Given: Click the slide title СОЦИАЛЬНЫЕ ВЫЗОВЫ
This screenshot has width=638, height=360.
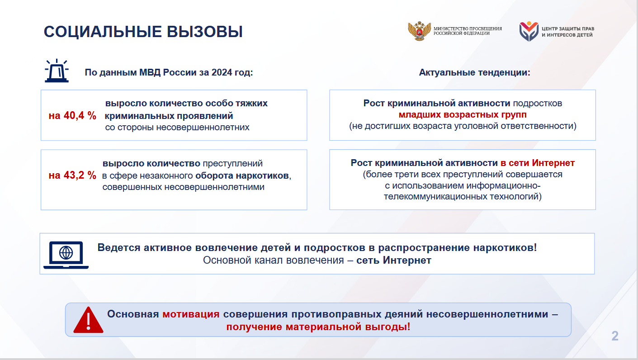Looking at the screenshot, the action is pyautogui.click(x=143, y=31).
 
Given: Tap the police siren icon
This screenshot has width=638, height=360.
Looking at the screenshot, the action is pyautogui.click(x=57, y=71).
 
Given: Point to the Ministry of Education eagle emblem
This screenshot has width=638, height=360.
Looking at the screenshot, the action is pyautogui.click(x=419, y=31).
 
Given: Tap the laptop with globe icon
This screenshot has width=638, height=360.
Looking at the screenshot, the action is pyautogui.click(x=66, y=255).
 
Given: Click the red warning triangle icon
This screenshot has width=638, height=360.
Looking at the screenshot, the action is pyautogui.click(x=88, y=320).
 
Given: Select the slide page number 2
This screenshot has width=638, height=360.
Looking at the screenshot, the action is pyautogui.click(x=615, y=336).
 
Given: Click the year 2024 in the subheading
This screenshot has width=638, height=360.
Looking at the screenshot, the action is pyautogui.click(x=222, y=72).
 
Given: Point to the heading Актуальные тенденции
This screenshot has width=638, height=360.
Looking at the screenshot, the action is pyautogui.click(x=474, y=72).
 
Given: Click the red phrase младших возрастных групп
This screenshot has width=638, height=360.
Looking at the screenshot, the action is pyautogui.click(x=463, y=114).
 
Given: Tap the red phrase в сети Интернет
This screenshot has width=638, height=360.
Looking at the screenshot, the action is pyautogui.click(x=538, y=163).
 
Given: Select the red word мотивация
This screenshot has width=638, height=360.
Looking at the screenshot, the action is pyautogui.click(x=191, y=314).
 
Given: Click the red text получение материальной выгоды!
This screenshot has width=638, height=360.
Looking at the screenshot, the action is pyautogui.click(x=318, y=327).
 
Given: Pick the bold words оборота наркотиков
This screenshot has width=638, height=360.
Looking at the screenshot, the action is pyautogui.click(x=242, y=175).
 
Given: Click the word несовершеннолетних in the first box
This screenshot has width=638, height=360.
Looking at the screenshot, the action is pyautogui.click(x=203, y=127).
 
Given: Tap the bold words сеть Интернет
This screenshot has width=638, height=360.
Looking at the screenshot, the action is pyautogui.click(x=394, y=260).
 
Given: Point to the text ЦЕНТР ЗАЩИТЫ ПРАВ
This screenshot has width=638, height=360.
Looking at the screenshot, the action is pyautogui.click(x=568, y=29).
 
